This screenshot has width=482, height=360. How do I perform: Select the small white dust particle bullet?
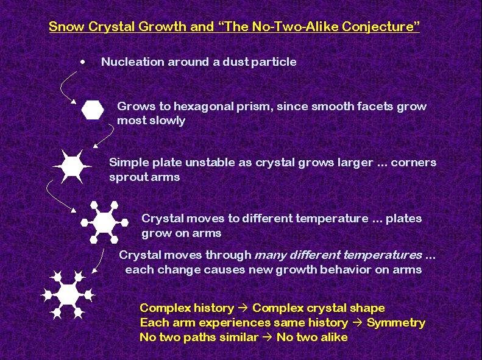click(82, 62)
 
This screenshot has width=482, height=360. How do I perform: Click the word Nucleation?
click(132, 62)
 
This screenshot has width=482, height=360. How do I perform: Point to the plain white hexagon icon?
click(93, 110)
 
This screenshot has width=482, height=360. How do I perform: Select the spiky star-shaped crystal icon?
click(73, 166)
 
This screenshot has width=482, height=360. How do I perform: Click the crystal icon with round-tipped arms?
click(104, 222)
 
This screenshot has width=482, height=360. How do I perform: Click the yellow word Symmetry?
click(396, 322)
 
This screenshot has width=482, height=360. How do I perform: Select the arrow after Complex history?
click(243, 308)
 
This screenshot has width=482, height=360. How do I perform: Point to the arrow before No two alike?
click(268, 337)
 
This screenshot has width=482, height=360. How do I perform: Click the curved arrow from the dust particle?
click(62, 88)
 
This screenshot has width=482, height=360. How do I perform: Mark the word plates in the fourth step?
click(403, 219)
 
